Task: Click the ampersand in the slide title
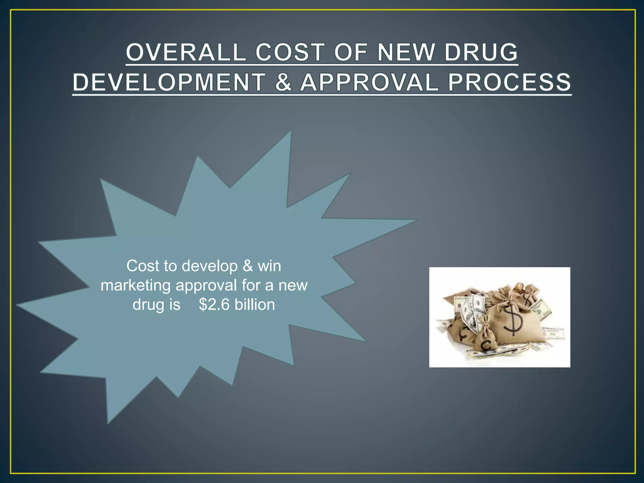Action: pos(283,82)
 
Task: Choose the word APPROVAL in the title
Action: pos(369,82)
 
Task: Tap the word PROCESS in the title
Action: pos(509,82)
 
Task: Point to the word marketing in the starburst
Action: pos(136,286)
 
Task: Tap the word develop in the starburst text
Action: pos(210,266)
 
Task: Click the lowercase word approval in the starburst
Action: pos(206,286)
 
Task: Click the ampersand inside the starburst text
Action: pos(248,266)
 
